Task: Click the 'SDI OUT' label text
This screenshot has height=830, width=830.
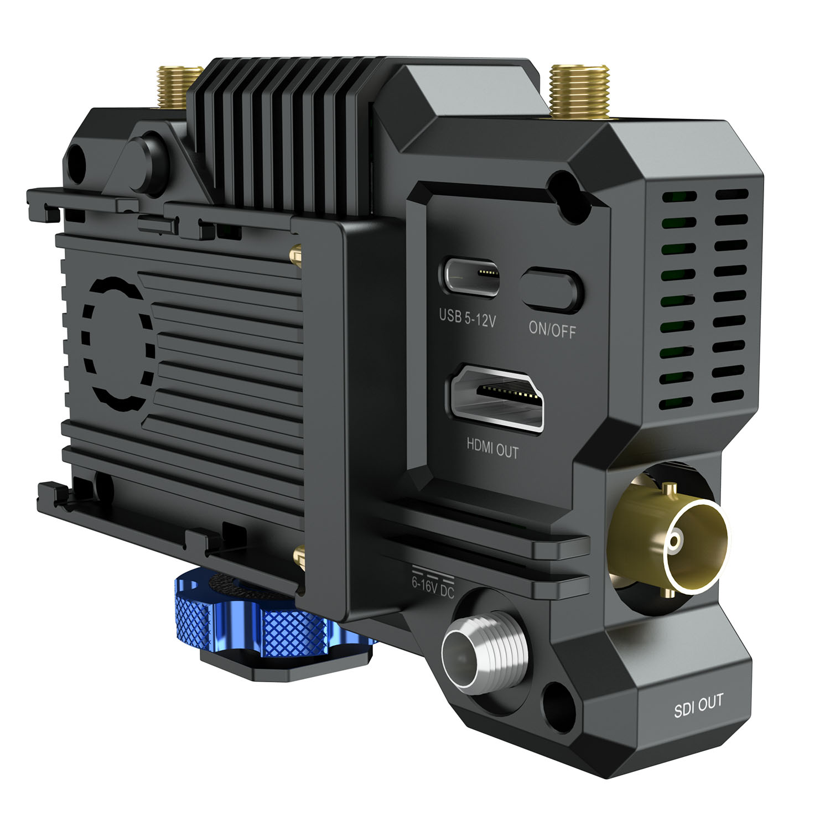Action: pyautogui.click(x=698, y=706)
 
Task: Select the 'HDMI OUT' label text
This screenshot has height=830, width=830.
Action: pyautogui.click(x=492, y=448)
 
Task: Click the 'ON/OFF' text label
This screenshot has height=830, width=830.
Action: pyautogui.click(x=552, y=329)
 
